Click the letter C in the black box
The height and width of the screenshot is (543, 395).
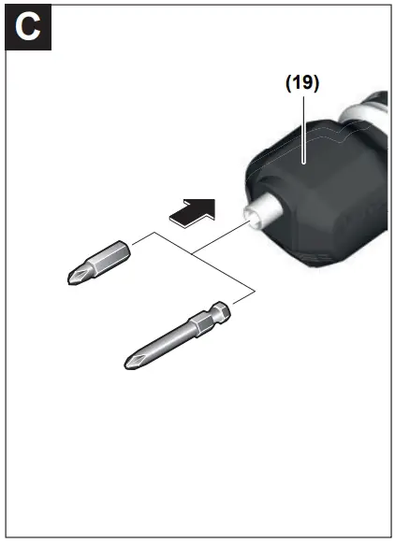(28, 27)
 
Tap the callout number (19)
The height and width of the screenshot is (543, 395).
(302, 82)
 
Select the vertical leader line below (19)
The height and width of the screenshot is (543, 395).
(303, 121)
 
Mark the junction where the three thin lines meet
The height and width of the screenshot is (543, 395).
(191, 254)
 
